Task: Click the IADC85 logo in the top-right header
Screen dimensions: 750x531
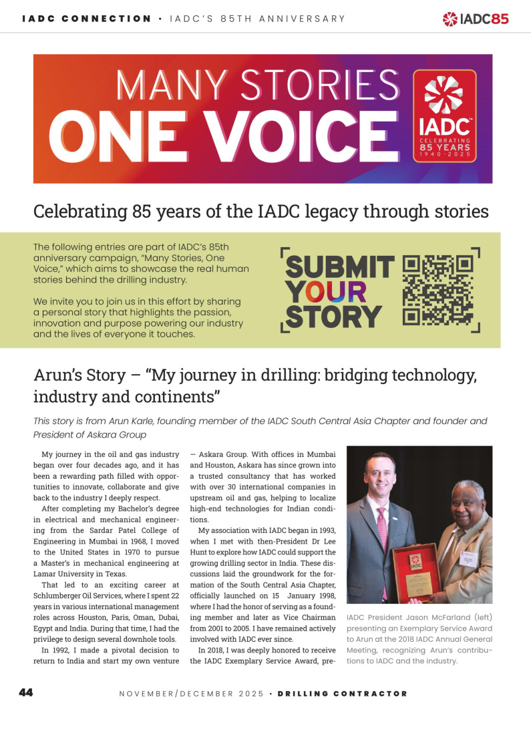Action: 476,19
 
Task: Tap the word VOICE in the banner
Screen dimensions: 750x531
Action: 301,136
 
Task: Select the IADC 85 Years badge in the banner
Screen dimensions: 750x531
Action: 445,115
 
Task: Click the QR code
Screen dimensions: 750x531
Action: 438,290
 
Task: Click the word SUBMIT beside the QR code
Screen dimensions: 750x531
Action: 340,267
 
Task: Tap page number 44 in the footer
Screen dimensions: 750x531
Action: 26,693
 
